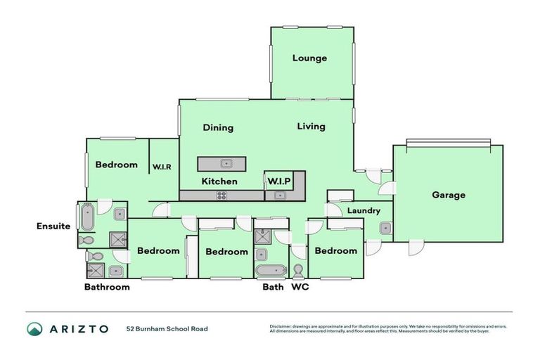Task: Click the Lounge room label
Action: pos(309,58)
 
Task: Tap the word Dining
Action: pos(218,128)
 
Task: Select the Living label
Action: pos(311,127)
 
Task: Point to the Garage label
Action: pos(448,195)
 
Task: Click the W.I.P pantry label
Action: pos(278,181)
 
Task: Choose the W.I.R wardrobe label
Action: pos(162,167)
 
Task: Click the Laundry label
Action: pos(364,211)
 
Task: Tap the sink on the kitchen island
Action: pos(226,164)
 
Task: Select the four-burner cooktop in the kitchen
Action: pos(221,195)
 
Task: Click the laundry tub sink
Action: pos(385,228)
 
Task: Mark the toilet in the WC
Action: pos(298,270)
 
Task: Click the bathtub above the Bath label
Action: pos(270,270)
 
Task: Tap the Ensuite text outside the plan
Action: pos(53,226)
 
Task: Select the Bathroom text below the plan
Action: pos(107,287)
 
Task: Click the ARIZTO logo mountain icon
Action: pos(35,329)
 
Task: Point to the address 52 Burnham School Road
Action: pos(167,329)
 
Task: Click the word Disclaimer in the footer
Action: pos(282,326)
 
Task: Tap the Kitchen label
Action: pos(219,181)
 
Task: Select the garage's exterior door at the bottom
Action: pos(416,247)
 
